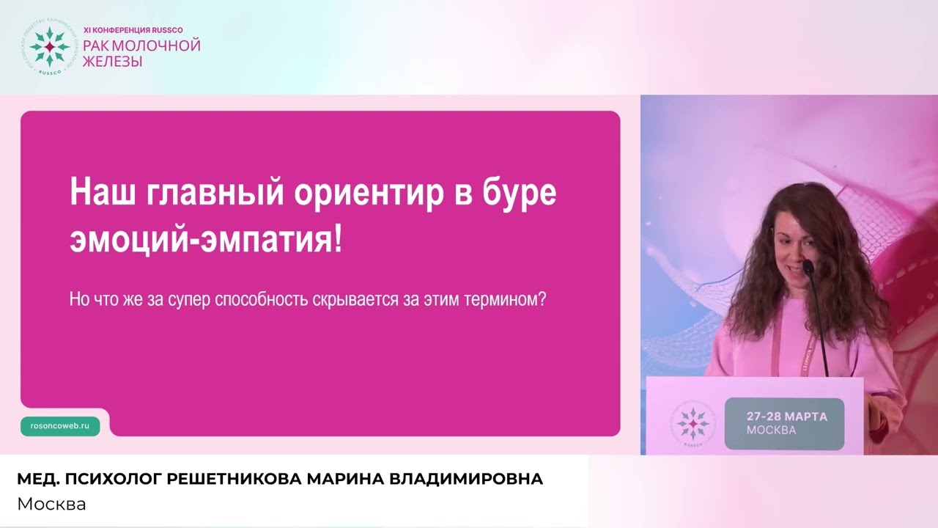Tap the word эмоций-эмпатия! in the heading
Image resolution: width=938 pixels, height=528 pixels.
tap(206, 241)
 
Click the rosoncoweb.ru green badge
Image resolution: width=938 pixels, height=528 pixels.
tap(60, 426)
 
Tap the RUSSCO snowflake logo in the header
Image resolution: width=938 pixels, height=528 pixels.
tap(49, 47)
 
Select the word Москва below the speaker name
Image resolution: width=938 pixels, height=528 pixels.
tap(51, 505)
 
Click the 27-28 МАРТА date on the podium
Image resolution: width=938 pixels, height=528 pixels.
tap(786, 417)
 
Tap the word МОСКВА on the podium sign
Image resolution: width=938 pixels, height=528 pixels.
tap(771, 430)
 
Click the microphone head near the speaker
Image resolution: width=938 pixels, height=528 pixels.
tap(808, 267)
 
